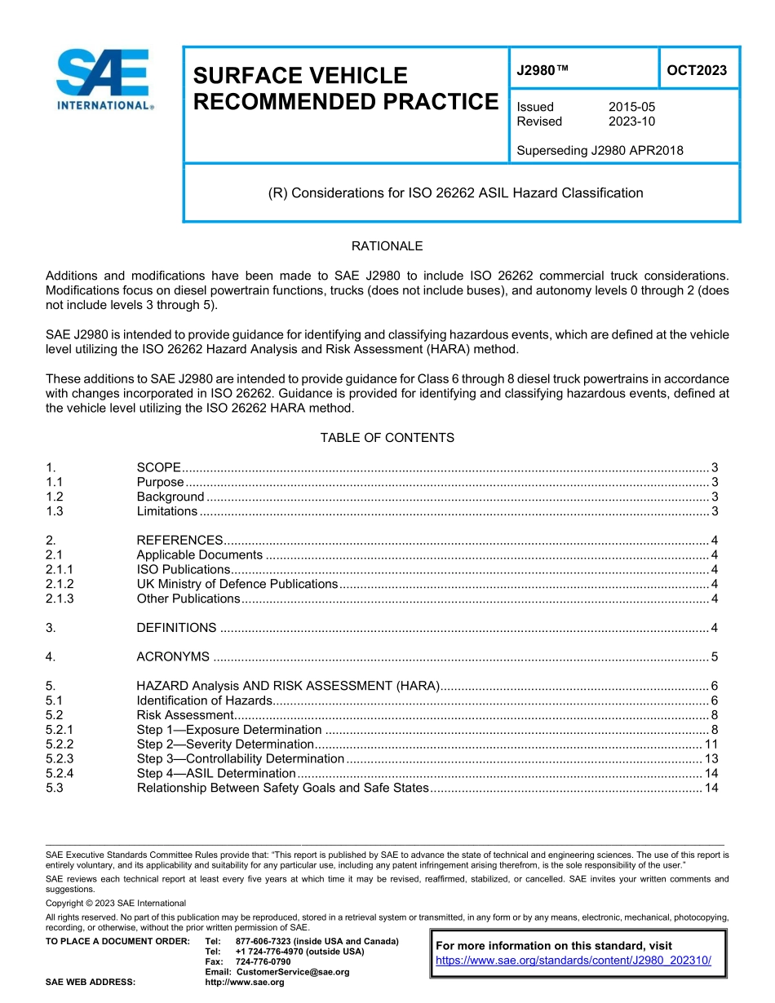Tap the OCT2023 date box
tap(697, 70)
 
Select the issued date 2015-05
tap(631, 107)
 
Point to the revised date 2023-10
tap(631, 122)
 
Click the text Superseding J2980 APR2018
tap(600, 150)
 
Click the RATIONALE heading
tap(387, 245)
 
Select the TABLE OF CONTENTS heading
tap(387, 438)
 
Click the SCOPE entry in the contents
tap(159, 467)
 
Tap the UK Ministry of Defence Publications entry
tap(237, 584)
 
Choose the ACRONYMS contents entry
tap(173, 656)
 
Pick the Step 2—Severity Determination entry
tap(225, 744)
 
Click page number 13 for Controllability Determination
tap(711, 758)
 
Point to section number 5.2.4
tap(60, 773)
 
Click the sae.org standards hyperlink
tap(573, 960)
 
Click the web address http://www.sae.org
tap(245, 983)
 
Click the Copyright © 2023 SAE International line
tap(116, 903)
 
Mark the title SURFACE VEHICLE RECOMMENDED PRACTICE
tap(345, 89)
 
